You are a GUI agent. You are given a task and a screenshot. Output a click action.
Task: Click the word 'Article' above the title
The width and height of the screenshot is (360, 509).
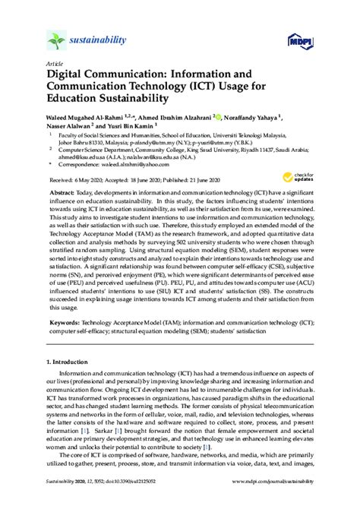coord(55,65)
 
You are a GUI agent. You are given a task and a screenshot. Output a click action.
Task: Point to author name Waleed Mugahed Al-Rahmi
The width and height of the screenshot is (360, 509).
coord(93,118)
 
